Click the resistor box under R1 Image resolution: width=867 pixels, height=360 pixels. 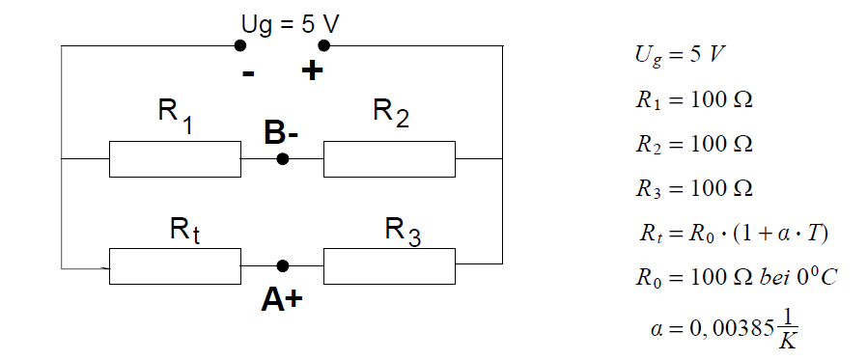coord(175,159)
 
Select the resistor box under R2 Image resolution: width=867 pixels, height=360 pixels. coord(389,159)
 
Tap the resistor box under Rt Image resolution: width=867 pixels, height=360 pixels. coord(175,266)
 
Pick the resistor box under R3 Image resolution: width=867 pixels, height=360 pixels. coord(389,266)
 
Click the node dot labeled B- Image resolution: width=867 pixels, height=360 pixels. coord(283,159)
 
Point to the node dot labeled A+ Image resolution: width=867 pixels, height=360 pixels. coord(283,266)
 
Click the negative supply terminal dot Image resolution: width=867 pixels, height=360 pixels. coord(240,45)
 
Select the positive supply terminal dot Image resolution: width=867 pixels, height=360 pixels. coord(324,45)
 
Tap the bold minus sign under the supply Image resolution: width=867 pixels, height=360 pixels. coord(248,73)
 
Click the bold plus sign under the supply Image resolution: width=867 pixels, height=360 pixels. coord(313,70)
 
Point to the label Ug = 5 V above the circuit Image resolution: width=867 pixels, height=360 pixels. coord(291,25)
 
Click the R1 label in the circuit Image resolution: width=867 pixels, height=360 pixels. coord(176,115)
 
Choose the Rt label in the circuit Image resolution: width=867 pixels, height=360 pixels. coord(184,230)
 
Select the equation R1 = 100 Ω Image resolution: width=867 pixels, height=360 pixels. coord(694,100)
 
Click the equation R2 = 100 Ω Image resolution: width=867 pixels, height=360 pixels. coord(694,144)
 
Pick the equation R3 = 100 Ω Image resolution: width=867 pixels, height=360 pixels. coord(694,188)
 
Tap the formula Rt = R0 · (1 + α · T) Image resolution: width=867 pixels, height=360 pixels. coord(734,233)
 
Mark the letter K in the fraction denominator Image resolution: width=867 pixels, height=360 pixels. coord(788,342)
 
